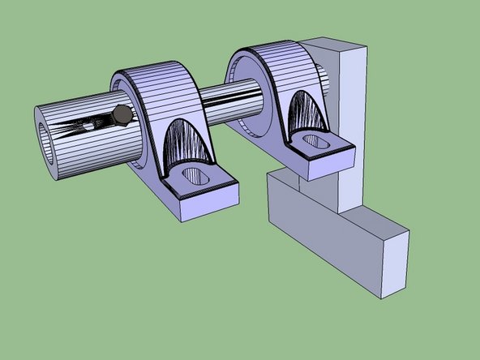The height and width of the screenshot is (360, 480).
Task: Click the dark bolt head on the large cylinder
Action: pos(122,115)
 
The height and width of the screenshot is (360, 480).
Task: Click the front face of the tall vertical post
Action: pos(353,130)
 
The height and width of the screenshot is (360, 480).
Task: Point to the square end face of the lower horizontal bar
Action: pos(395,259)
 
